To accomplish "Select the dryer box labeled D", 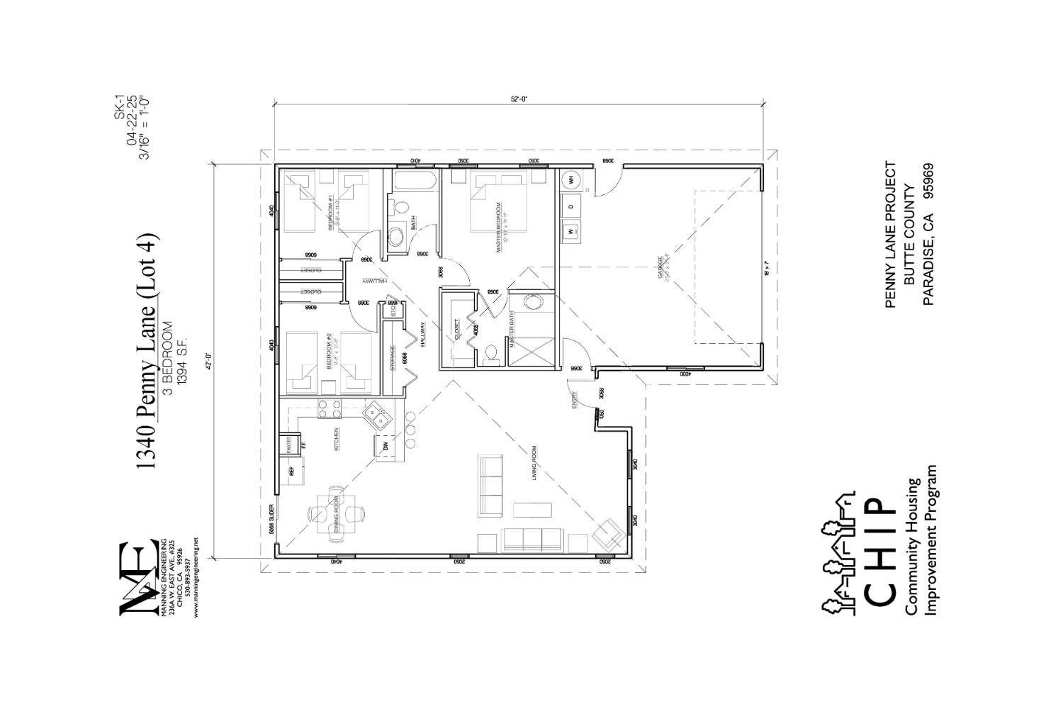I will point(571,206).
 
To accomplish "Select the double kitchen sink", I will point(376,415).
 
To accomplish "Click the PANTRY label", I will point(289,444).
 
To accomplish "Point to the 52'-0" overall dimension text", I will point(519,100).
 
